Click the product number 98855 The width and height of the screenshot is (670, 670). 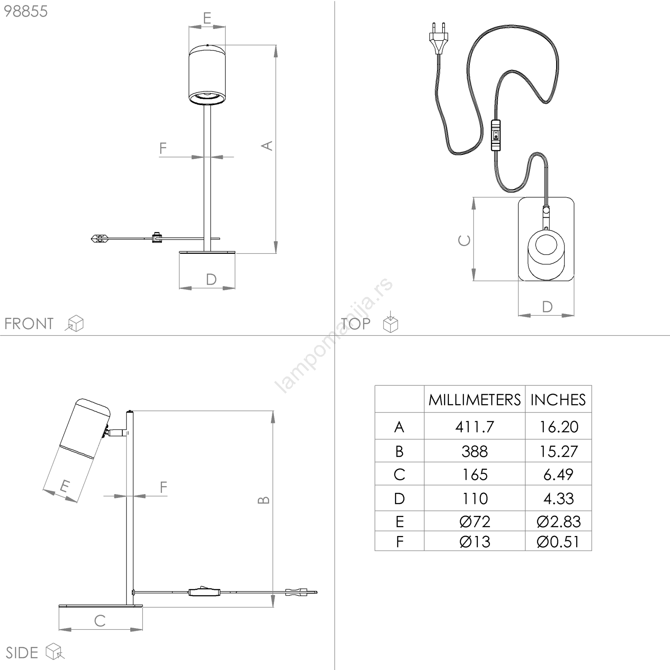(26, 11)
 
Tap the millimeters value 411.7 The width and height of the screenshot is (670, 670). (474, 427)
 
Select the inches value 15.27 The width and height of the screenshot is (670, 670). (558, 451)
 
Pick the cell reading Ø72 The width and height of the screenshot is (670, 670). (474, 521)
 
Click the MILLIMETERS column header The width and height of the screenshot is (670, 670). (474, 400)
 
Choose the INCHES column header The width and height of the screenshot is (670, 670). (558, 400)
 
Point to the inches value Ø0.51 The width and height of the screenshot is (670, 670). (558, 542)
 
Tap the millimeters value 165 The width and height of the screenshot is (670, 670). (474, 474)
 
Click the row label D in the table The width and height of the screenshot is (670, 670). (399, 498)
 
